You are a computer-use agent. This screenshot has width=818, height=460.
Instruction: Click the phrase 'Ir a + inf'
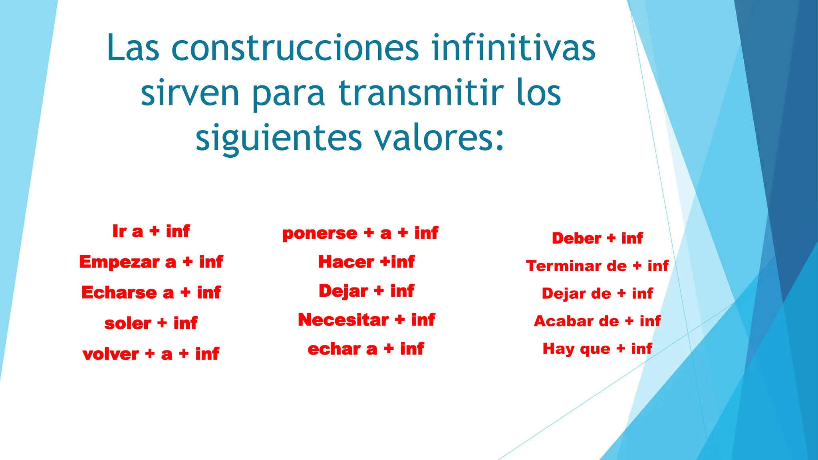(151, 231)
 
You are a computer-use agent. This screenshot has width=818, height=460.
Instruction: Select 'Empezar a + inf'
(151, 262)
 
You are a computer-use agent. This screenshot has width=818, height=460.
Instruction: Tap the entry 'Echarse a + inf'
(151, 292)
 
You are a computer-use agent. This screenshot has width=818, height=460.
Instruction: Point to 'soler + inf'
(151, 323)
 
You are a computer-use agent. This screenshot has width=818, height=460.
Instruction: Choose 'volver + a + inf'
(151, 354)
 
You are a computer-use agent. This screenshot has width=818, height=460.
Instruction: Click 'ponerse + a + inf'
(360, 233)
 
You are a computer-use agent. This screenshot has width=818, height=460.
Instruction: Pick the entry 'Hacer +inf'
(366, 262)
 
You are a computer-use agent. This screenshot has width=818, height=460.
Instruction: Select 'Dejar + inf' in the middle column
(366, 291)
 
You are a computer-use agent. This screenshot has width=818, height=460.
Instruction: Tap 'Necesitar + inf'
(366, 320)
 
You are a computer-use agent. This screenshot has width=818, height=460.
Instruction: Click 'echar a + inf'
(366, 349)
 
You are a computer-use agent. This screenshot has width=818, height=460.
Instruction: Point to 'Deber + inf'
(597, 238)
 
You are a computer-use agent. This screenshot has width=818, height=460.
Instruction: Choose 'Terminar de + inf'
(597, 266)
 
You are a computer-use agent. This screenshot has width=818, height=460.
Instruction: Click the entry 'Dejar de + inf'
(597, 293)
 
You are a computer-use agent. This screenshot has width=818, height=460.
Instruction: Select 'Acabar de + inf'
(597, 321)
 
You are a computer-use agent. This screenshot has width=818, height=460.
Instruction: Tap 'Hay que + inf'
(597, 349)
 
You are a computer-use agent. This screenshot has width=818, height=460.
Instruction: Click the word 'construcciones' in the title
(296, 48)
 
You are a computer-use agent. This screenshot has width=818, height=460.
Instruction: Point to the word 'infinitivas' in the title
(514, 48)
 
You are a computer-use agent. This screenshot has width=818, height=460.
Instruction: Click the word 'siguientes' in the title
(278, 138)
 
